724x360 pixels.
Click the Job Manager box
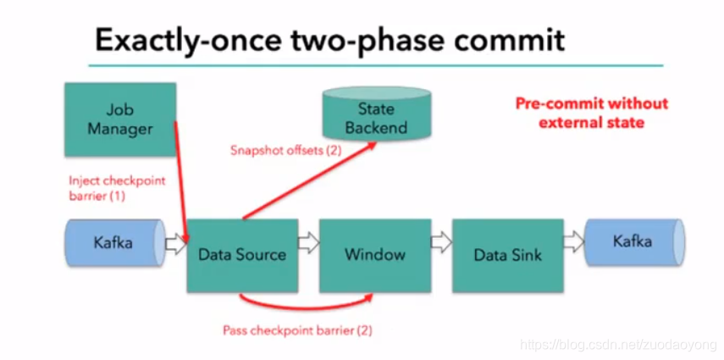pos(119,119)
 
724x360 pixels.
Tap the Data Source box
pos(241,254)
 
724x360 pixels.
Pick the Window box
pos(374,254)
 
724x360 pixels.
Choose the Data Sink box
pos(506,254)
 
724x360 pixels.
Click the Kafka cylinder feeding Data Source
pos(113,243)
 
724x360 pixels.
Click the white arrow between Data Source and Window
pos(308,244)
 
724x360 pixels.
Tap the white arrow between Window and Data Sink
pos(440,244)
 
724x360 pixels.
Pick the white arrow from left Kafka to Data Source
pos(175,244)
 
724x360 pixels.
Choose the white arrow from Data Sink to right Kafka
pos(572,244)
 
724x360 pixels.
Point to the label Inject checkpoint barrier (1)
pos(117,187)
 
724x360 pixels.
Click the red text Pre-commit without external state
pos(591,113)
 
